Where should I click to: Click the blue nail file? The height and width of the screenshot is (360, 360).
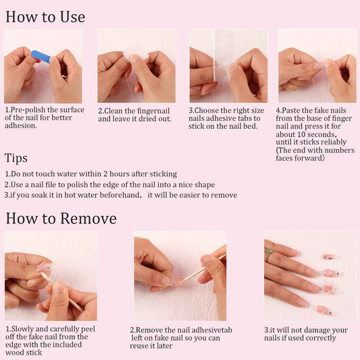tap(41, 57)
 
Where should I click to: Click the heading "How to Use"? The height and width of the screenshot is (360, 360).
tap(45, 17)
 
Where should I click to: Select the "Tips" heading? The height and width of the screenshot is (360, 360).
tap(16, 158)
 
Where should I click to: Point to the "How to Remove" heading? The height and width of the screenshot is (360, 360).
tap(61, 218)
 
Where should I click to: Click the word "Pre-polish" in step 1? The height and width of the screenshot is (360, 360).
tap(28, 110)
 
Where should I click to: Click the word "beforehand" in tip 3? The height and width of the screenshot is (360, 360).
tap(120, 195)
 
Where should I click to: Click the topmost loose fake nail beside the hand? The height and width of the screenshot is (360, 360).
tap(330, 257)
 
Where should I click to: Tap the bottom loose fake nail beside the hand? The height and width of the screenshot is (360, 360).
tap(326, 311)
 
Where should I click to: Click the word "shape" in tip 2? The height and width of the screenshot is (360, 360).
tap(205, 185)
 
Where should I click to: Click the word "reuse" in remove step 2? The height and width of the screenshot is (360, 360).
tap(140, 346)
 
